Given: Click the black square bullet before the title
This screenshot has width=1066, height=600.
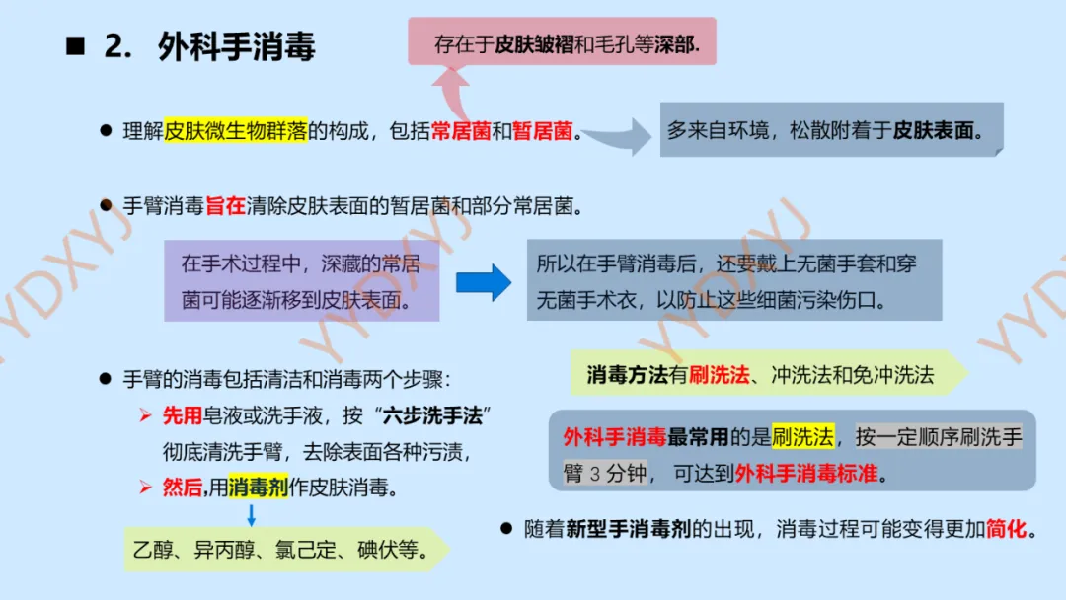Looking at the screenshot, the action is [75, 47].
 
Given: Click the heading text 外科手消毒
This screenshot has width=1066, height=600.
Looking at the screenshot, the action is [237, 47].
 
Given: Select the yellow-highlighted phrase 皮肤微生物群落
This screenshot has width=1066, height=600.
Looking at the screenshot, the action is [236, 131].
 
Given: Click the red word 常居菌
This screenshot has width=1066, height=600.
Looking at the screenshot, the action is [461, 131].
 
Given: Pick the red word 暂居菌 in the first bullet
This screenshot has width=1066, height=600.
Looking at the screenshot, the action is [542, 131].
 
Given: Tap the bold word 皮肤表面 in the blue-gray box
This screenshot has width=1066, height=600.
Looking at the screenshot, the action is [932, 130].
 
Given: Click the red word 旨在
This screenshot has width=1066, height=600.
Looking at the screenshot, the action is [225, 206].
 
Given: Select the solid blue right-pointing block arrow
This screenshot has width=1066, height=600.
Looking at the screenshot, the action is [484, 282].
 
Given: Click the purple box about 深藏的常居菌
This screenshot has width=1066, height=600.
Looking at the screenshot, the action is [301, 280].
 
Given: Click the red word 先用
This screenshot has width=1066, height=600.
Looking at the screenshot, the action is [183, 416].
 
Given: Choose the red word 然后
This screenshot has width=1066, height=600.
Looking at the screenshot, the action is [183, 487].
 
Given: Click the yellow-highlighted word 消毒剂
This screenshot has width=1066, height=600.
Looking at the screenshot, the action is [258, 487].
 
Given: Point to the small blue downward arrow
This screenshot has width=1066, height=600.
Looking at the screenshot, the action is [251, 514].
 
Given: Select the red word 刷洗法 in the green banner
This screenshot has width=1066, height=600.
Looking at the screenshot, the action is [720, 375].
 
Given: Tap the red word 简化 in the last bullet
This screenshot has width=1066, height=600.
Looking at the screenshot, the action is [1006, 529].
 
